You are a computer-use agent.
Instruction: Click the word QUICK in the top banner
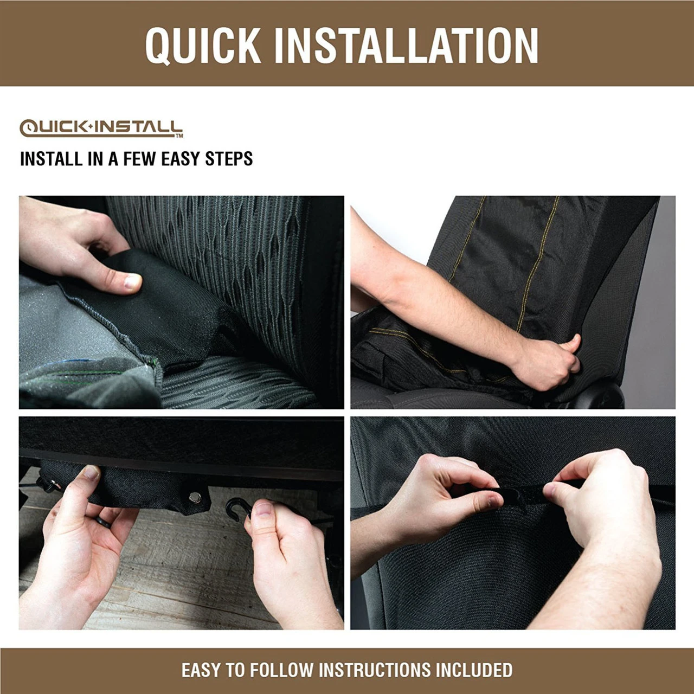point(203,45)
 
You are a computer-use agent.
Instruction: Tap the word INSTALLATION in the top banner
point(406,45)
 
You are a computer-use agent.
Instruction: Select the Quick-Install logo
point(101,128)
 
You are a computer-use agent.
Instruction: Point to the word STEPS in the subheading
point(229,159)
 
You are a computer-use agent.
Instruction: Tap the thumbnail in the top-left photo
point(132,281)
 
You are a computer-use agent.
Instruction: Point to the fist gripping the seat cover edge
point(548,363)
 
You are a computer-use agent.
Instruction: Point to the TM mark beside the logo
point(179,136)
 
